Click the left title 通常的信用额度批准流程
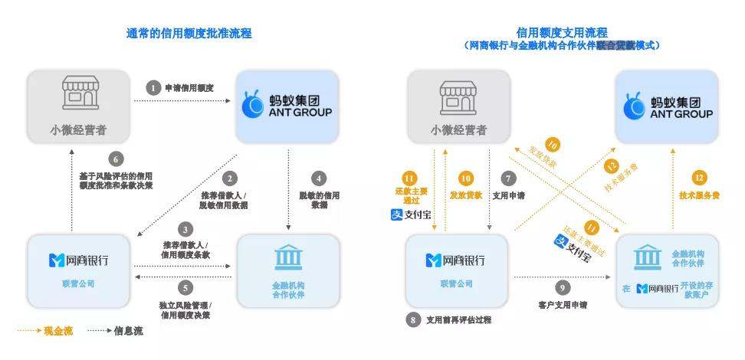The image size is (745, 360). [x=189, y=34]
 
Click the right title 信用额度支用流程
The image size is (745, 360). [x=561, y=33]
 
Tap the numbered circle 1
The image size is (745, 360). [x=153, y=88]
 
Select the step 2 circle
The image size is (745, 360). [x=228, y=179]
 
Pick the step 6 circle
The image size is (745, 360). [x=116, y=159]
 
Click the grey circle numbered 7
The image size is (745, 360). [x=506, y=179]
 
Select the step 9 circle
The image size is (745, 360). [x=563, y=287]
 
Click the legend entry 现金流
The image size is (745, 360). [x=48, y=331]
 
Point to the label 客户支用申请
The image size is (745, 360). [x=563, y=304]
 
